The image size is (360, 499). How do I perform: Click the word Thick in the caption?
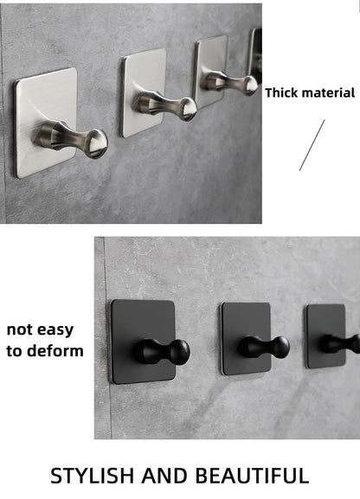point(281,93)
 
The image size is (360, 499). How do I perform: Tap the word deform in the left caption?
point(55,351)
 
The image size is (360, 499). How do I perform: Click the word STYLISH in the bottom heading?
point(93,477)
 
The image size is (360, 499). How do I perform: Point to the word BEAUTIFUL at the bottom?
point(252,477)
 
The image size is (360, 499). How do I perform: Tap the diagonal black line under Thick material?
point(312,145)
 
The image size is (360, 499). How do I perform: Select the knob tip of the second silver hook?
point(189,108)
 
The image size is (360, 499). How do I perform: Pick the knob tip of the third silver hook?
point(252,86)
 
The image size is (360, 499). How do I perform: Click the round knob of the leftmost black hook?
point(180,352)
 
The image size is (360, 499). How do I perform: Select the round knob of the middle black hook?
point(281,348)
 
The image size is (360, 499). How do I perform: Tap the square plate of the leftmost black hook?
point(143,342)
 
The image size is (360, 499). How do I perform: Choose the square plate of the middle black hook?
point(247,339)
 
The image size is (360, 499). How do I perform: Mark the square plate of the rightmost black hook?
point(326,336)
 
